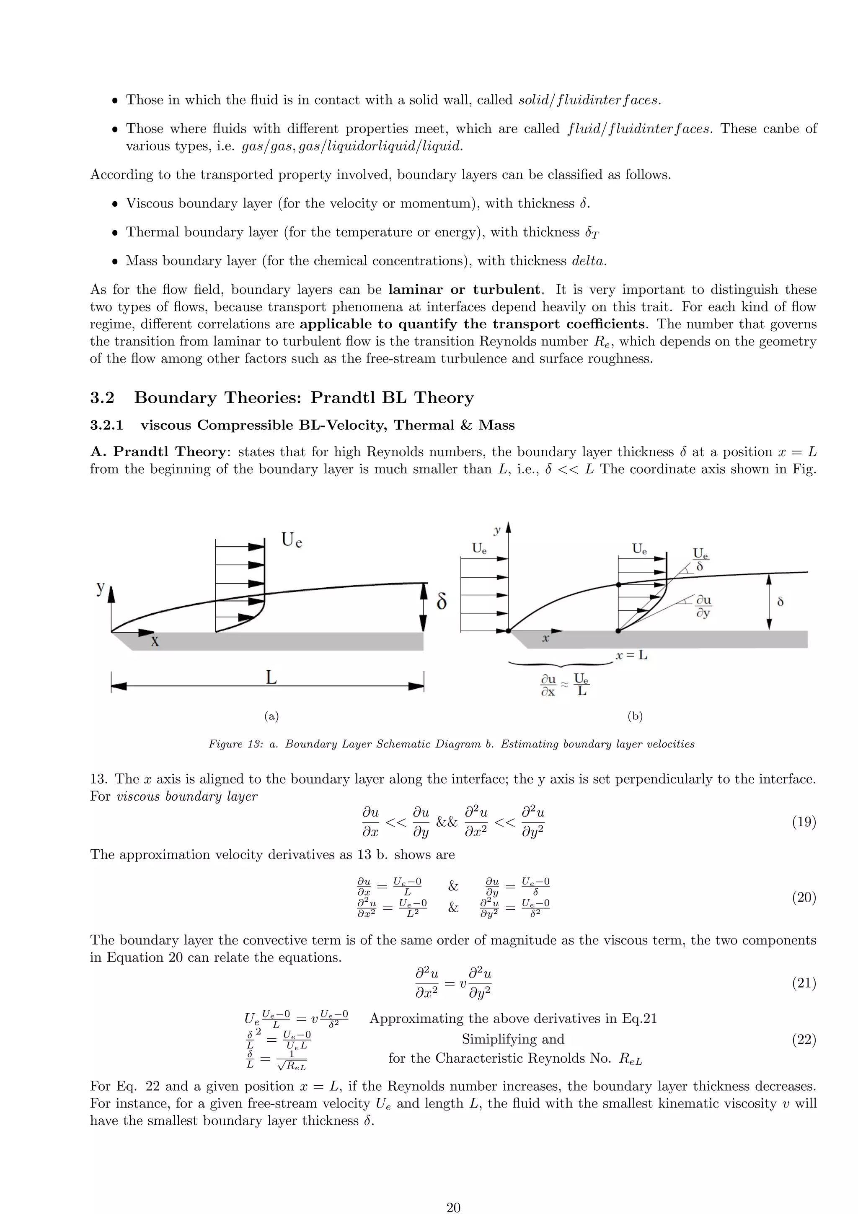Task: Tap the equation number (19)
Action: [804, 822]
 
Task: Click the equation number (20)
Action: [804, 897]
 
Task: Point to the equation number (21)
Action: [804, 983]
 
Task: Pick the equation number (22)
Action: [804, 1040]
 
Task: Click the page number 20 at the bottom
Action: [453, 1207]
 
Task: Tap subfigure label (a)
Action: [271, 716]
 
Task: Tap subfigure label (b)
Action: [635, 716]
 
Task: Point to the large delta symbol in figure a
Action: [442, 602]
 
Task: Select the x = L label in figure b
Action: [632, 656]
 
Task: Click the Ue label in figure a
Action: [292, 540]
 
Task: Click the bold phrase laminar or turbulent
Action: [464, 290]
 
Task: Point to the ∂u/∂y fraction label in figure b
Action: [703, 607]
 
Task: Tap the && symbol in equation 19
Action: [447, 822]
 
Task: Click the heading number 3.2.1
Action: [106, 425]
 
